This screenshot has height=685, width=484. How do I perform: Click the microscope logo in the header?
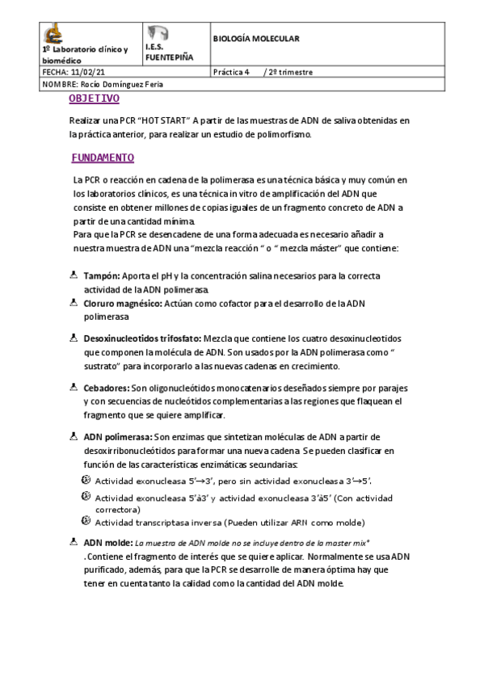pyautogui.click(x=53, y=33)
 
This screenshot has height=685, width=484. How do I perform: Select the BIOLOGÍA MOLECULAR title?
pyautogui.click(x=256, y=38)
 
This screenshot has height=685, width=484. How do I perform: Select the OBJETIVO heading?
pyautogui.click(x=95, y=99)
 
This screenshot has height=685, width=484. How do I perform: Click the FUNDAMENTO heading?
pyautogui.click(x=103, y=158)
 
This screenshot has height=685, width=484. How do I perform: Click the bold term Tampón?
pyautogui.click(x=102, y=276)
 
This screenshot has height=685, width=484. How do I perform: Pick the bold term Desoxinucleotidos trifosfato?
pyautogui.click(x=143, y=338)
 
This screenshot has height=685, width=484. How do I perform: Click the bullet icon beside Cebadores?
pyautogui.click(x=74, y=387)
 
